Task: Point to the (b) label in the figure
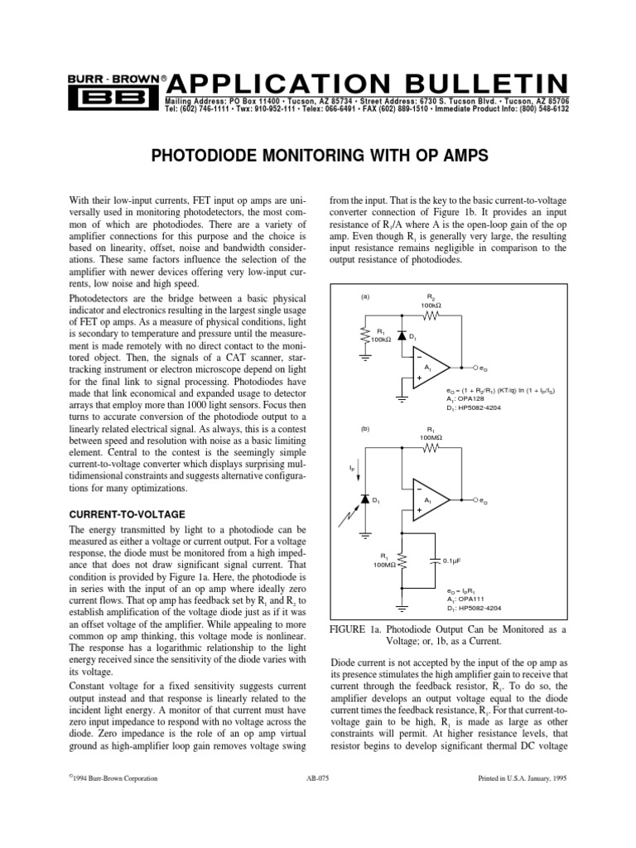[365, 430]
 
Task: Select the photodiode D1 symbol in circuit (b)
[365, 500]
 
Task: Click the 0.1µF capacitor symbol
[436, 560]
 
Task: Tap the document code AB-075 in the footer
[317, 779]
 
